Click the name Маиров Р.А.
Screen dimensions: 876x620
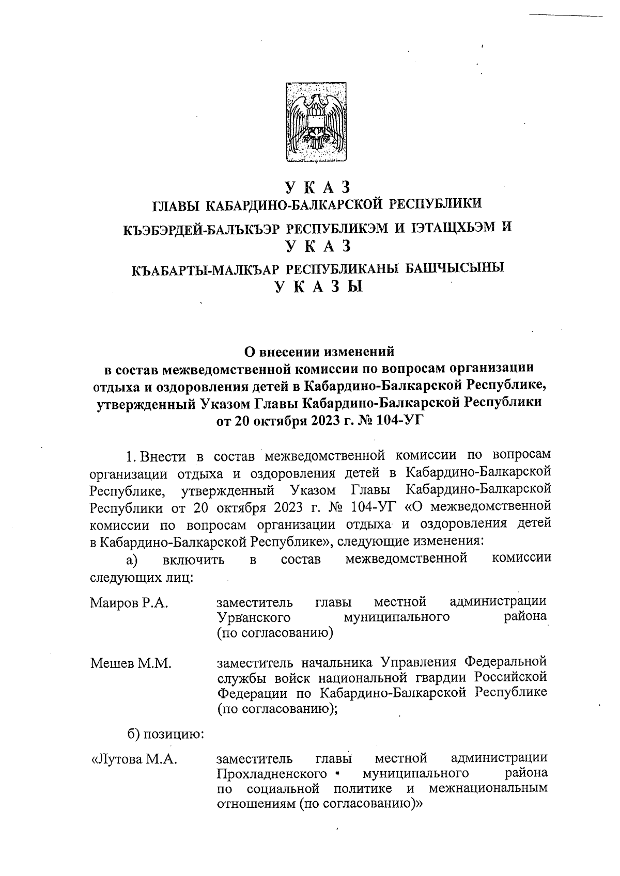pos(129,603)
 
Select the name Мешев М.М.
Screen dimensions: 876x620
pos(131,663)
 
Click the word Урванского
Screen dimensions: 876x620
pos(254,617)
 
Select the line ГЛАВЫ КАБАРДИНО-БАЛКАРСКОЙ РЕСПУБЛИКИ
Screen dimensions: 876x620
pos(317,204)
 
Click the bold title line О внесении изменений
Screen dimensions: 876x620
pos(319,352)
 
